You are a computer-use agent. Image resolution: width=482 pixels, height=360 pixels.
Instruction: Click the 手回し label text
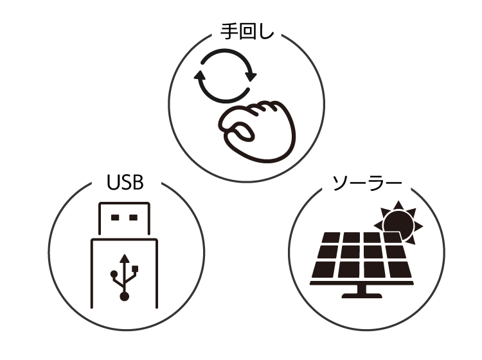(x=247, y=32)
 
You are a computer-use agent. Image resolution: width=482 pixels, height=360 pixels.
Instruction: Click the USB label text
(x=125, y=182)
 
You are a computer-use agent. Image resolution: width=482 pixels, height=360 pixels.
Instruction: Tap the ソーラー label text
(x=367, y=183)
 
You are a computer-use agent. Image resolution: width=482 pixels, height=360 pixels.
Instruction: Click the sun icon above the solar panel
(x=399, y=222)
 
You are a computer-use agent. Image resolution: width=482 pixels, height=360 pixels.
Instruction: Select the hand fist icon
(x=258, y=131)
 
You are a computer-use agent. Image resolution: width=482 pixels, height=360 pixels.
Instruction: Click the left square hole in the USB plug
(x=115, y=218)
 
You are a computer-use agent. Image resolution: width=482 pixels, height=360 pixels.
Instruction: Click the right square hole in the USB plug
(x=134, y=218)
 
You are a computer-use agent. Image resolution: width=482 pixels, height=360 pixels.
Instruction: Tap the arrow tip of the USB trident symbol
(x=125, y=255)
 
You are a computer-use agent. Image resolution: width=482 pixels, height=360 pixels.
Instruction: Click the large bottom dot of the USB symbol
(x=124, y=296)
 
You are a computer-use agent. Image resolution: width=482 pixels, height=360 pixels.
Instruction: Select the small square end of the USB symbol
(x=135, y=269)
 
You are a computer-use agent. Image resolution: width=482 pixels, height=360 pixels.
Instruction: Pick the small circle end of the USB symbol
(x=114, y=273)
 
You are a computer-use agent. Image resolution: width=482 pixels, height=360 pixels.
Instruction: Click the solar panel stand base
(x=362, y=296)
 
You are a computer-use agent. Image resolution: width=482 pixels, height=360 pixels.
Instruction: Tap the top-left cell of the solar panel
(x=330, y=237)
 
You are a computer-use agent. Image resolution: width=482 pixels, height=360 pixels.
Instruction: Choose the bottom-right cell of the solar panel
(x=400, y=269)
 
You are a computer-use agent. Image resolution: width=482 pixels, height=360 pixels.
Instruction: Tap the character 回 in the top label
(x=247, y=32)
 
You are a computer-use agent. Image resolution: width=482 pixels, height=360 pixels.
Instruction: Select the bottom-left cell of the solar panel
(x=323, y=269)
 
